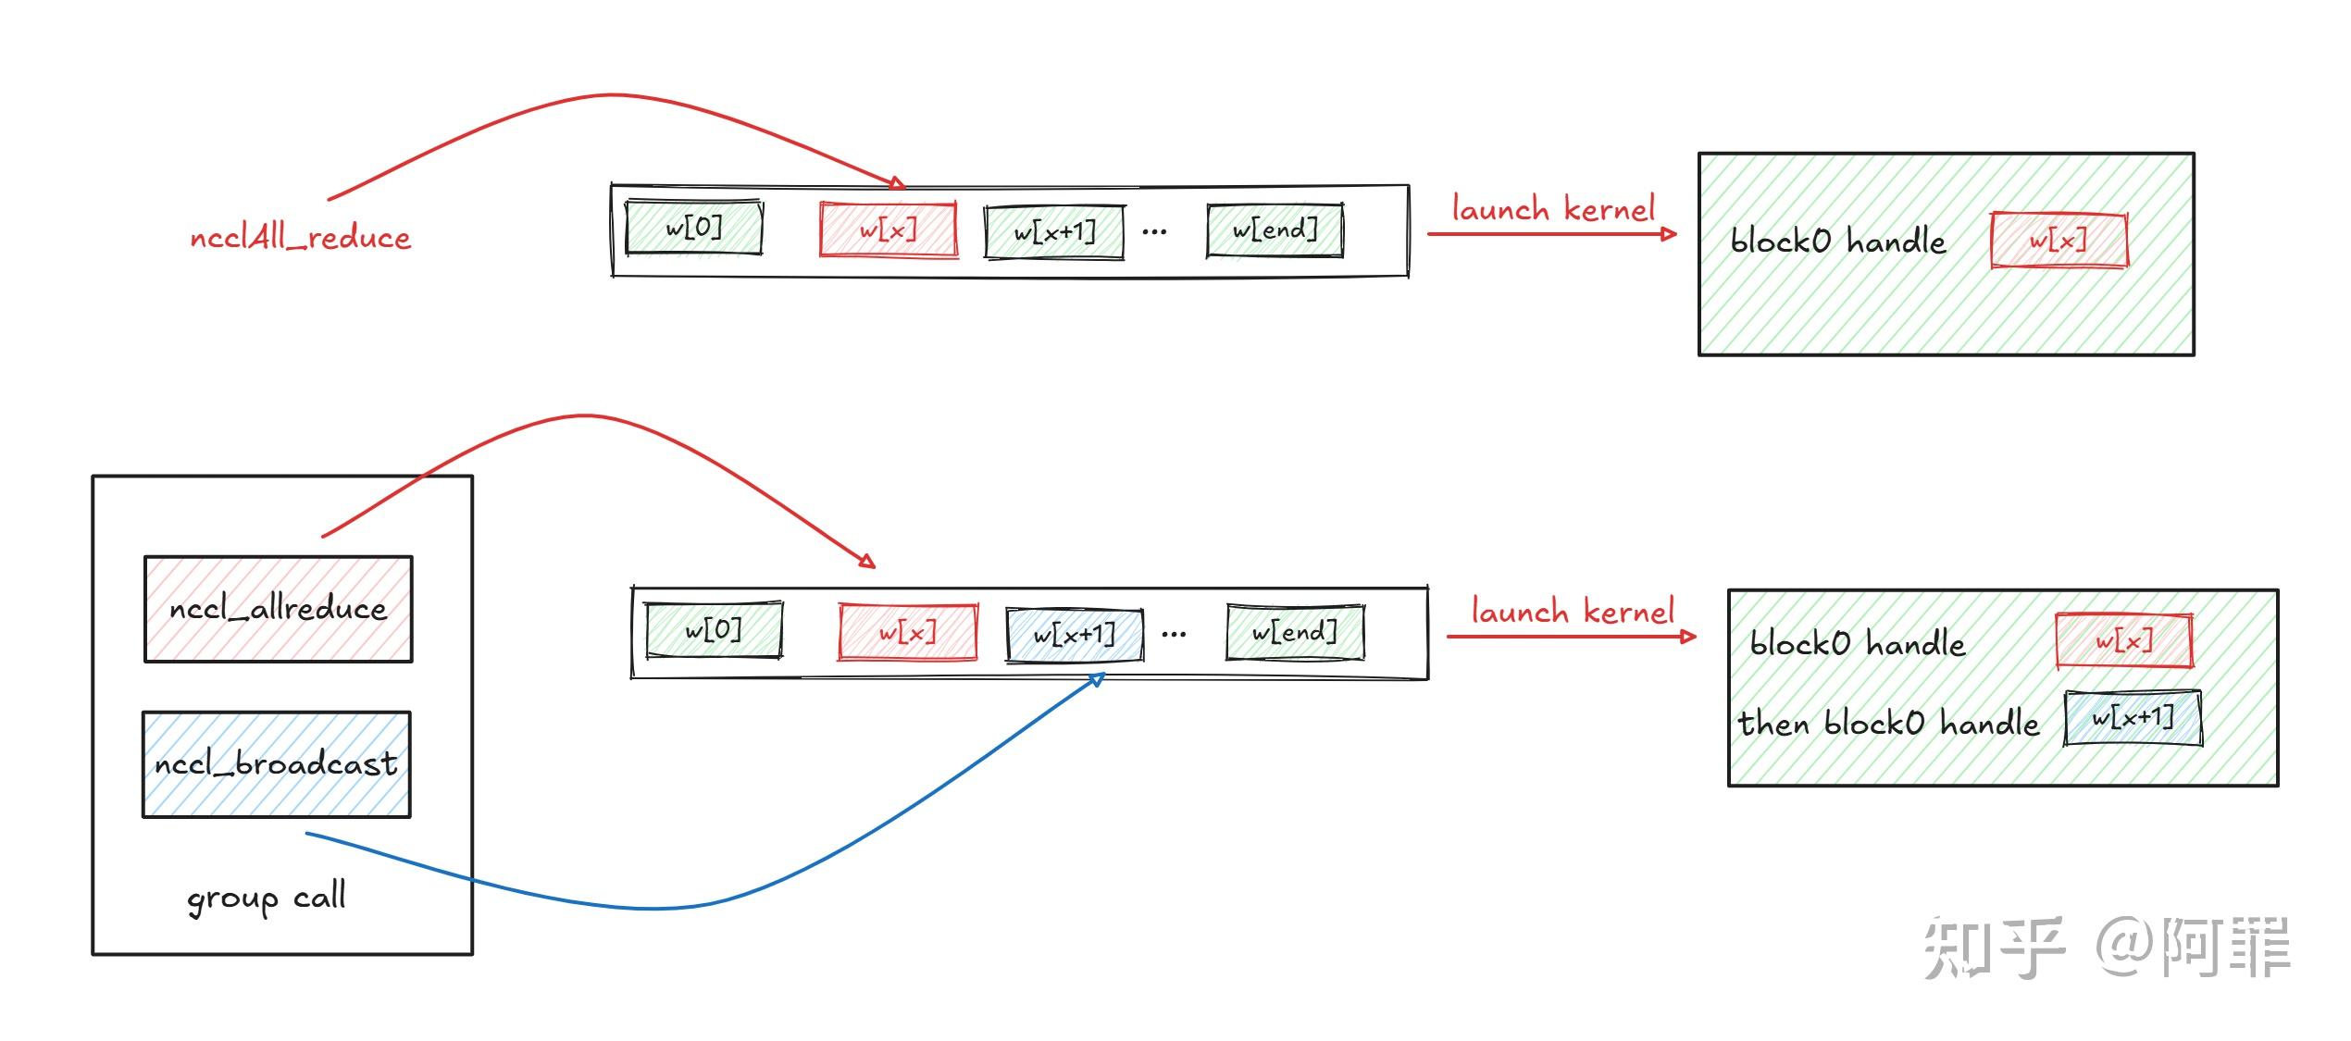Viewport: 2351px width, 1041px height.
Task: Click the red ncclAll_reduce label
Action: pos(300,238)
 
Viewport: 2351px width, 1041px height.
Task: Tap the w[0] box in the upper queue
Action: pos(694,228)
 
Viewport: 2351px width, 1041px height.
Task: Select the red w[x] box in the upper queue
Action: pos(888,229)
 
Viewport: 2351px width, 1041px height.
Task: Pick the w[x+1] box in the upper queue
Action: pos(1054,232)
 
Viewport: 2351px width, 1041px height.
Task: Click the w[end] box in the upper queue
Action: pos(1275,230)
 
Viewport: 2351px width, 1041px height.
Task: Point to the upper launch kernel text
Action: pos(1553,209)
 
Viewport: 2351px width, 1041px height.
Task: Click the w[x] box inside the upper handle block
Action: pos(2059,241)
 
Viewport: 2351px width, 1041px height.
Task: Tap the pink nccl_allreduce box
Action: pos(278,609)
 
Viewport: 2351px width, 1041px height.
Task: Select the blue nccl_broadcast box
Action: pos(276,764)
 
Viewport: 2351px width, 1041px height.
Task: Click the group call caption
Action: pos(267,898)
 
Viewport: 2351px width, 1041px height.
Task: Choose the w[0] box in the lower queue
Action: pos(714,631)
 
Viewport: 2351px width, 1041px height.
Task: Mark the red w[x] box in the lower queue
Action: pos(907,633)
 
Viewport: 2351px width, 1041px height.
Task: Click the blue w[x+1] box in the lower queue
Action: pos(1074,635)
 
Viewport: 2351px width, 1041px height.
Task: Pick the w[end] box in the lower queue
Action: pos(1294,633)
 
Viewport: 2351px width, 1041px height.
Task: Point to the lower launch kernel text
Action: pos(1573,612)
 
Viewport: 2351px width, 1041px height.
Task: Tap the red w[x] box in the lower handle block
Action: pos(2123,640)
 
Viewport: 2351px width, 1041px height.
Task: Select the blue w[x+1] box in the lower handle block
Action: pos(2133,718)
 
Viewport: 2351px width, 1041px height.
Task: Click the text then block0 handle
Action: pos(1888,723)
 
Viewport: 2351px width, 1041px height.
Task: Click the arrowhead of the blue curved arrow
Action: pos(1097,680)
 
